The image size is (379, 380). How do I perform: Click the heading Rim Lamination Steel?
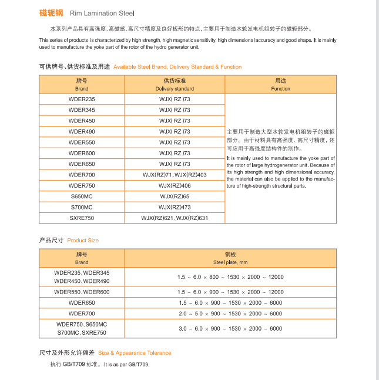click(x=102, y=12)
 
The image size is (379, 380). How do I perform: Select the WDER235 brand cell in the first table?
click(x=82, y=99)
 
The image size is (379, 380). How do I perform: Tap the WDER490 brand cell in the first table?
click(x=82, y=132)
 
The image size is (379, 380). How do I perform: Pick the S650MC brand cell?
click(x=82, y=196)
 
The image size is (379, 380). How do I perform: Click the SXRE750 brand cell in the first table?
click(x=82, y=218)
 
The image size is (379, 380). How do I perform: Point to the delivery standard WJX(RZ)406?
click(x=175, y=186)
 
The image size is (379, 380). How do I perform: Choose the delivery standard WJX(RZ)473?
click(x=175, y=207)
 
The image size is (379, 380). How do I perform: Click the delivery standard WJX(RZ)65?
click(x=175, y=196)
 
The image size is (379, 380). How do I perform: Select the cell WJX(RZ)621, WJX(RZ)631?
click(x=175, y=218)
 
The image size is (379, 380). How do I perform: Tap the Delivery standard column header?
click(x=175, y=84)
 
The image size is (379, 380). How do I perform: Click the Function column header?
click(x=280, y=84)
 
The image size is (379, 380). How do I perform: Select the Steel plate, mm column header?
click(x=230, y=258)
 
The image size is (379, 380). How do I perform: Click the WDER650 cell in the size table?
click(x=82, y=303)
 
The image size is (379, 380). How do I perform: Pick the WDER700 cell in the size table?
click(x=82, y=314)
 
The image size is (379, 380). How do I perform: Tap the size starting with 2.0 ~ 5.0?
click(x=230, y=314)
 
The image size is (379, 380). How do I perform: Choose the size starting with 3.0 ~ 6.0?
click(x=230, y=329)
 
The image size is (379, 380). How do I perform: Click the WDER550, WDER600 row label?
click(x=82, y=292)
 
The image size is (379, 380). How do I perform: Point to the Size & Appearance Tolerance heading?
click(x=135, y=353)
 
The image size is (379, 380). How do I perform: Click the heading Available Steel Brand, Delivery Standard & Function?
click(x=177, y=67)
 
